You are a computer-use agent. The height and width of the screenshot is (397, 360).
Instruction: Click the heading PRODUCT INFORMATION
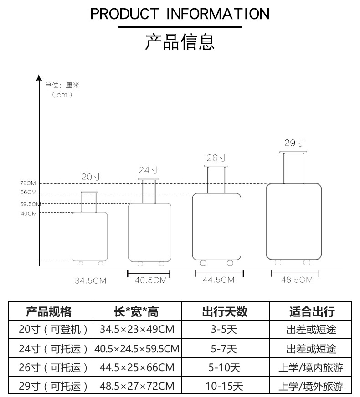[x=180, y=14]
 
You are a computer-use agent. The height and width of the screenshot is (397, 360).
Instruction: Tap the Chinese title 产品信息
[x=180, y=41]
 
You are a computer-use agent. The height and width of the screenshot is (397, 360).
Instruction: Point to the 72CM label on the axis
[x=28, y=183]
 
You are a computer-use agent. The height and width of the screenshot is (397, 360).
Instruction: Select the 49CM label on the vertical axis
[x=29, y=214]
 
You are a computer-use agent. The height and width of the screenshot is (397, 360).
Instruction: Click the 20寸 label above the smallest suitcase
[x=91, y=177]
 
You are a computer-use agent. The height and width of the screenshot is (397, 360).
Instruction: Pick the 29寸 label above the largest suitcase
[x=294, y=143]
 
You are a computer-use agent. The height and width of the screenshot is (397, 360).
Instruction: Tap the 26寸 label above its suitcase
[x=216, y=158]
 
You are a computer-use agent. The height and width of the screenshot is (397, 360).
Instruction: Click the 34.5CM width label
[x=90, y=281]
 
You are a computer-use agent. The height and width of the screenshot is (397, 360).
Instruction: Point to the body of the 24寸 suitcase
[x=150, y=232]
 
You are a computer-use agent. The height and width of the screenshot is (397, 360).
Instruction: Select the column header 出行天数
[x=225, y=312]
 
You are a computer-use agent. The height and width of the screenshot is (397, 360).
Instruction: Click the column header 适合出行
[x=312, y=312]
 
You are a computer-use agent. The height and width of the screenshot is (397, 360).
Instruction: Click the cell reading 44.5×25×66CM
[x=137, y=367]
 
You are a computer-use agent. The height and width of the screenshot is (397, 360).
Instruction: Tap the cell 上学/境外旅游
[x=311, y=386]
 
